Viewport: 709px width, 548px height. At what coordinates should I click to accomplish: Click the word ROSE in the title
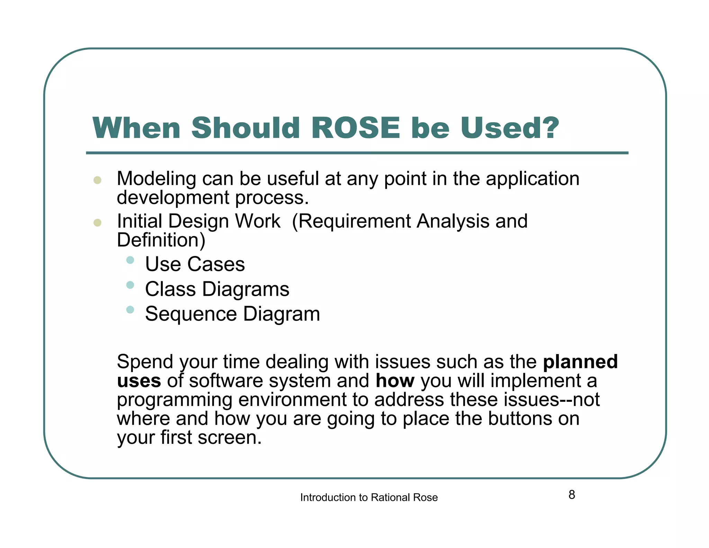pos(356,128)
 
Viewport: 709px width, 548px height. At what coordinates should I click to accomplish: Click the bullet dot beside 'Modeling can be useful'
pos(98,180)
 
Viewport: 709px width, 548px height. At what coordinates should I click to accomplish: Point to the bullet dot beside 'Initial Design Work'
pos(98,222)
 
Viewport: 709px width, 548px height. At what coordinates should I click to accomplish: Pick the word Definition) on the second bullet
pos(161,240)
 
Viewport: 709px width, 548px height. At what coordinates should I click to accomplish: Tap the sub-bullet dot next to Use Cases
pos(130,260)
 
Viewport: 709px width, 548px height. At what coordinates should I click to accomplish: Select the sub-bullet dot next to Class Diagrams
pos(130,285)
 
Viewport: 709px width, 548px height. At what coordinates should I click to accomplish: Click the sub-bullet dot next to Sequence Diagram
pos(130,310)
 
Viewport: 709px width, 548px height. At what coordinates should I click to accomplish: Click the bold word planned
pos(580,362)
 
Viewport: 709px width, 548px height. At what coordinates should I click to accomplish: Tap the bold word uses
pos(139,381)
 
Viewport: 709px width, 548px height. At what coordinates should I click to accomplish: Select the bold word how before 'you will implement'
pos(395,381)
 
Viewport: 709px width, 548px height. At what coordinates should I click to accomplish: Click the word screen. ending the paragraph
pos(230,437)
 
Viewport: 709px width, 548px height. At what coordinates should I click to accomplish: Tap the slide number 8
pos(572,495)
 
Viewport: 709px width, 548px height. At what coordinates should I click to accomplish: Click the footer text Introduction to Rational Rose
pos(369,497)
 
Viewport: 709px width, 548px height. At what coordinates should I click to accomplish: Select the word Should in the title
pos(245,128)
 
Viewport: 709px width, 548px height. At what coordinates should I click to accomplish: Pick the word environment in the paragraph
pos(293,400)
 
